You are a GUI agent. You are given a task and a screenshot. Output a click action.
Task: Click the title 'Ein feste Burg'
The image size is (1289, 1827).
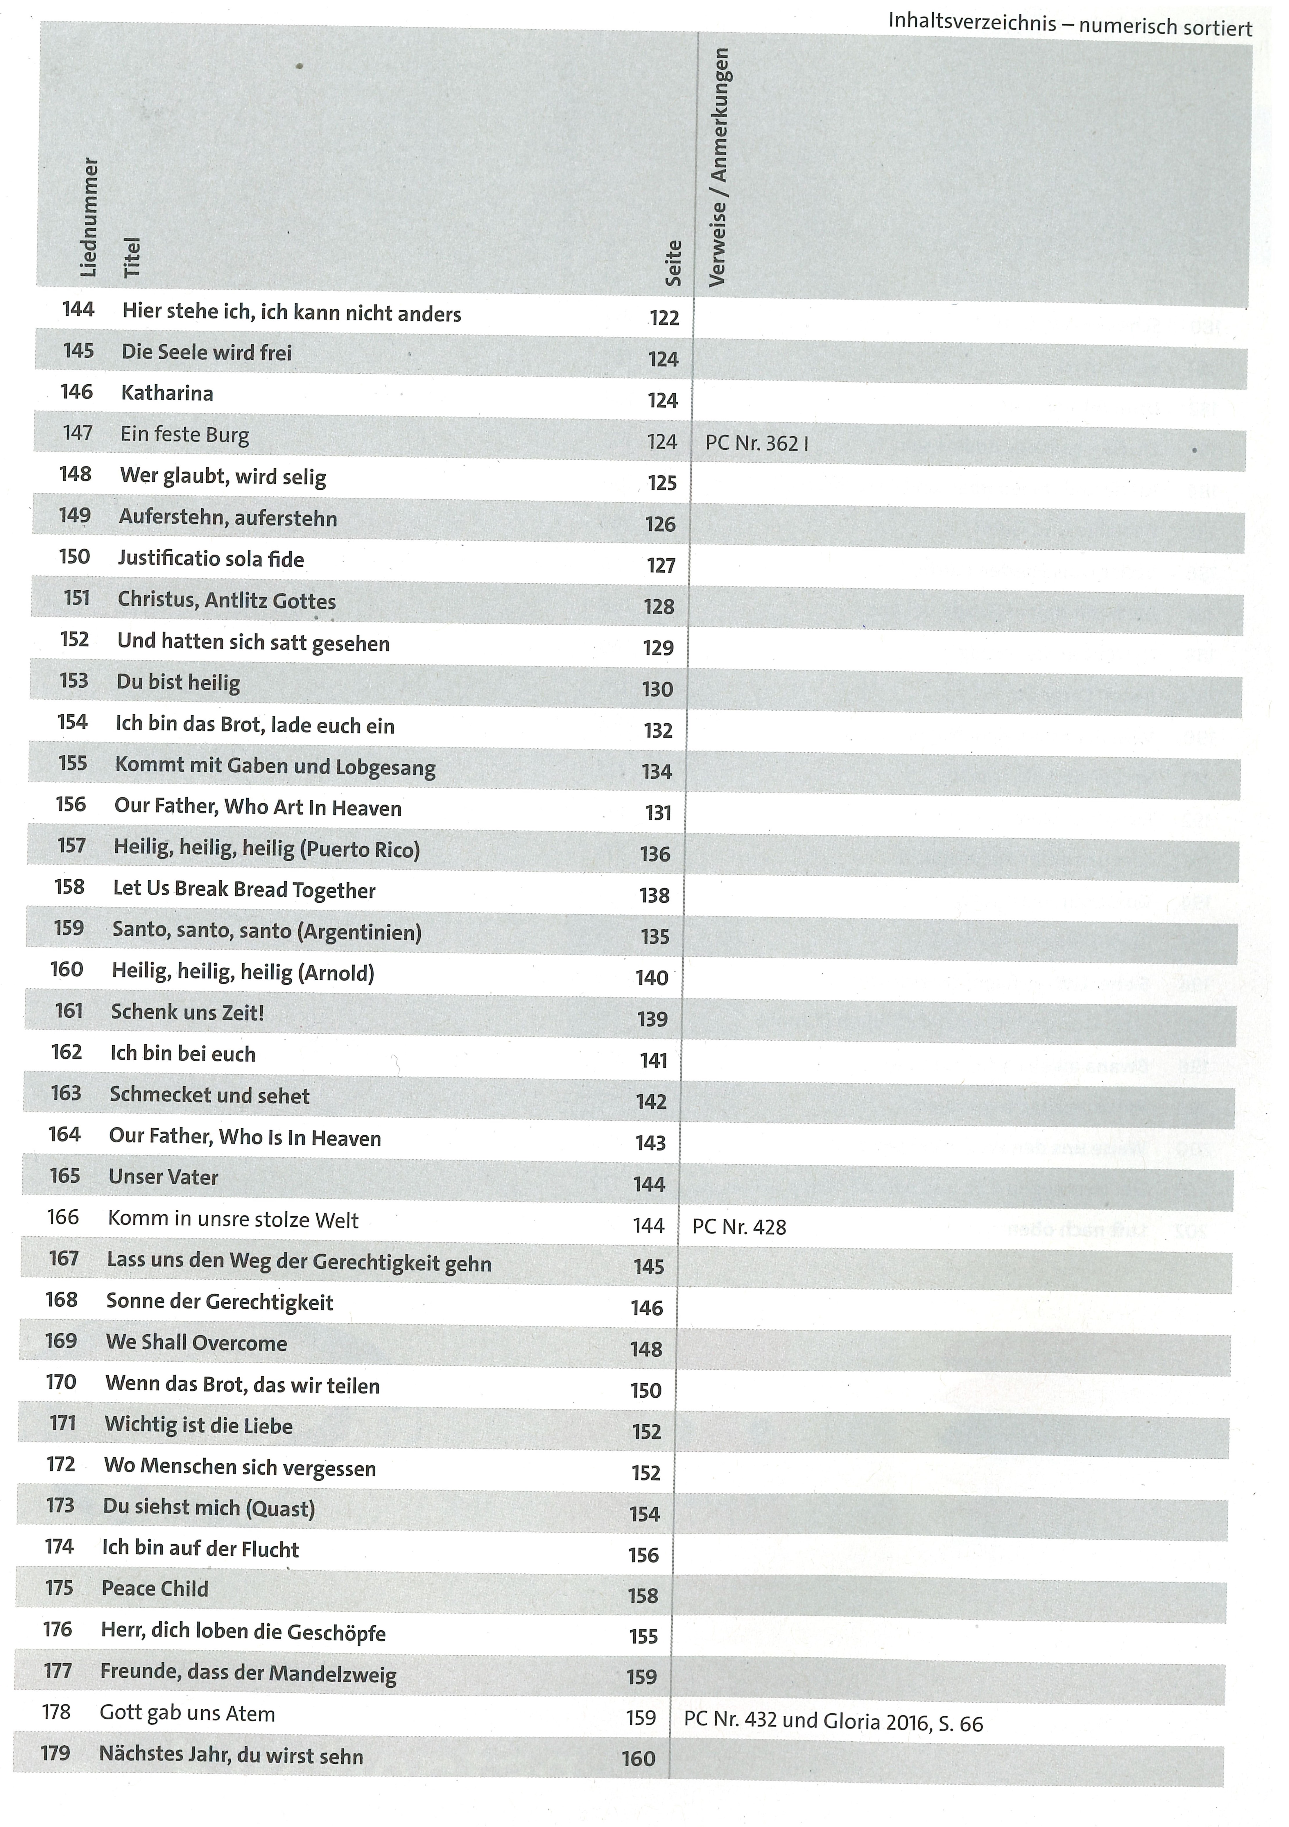click(x=184, y=435)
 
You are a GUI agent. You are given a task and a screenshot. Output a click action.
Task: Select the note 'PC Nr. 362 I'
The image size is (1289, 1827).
click(x=757, y=443)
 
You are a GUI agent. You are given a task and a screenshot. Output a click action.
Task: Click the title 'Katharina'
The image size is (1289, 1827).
click(x=167, y=393)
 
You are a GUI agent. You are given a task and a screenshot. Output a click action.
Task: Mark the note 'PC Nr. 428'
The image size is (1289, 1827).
click(x=739, y=1227)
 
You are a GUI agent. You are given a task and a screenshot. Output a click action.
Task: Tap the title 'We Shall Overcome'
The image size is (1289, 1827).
click(x=197, y=1343)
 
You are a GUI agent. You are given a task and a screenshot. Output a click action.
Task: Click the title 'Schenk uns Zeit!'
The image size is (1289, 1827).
click(x=188, y=1013)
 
